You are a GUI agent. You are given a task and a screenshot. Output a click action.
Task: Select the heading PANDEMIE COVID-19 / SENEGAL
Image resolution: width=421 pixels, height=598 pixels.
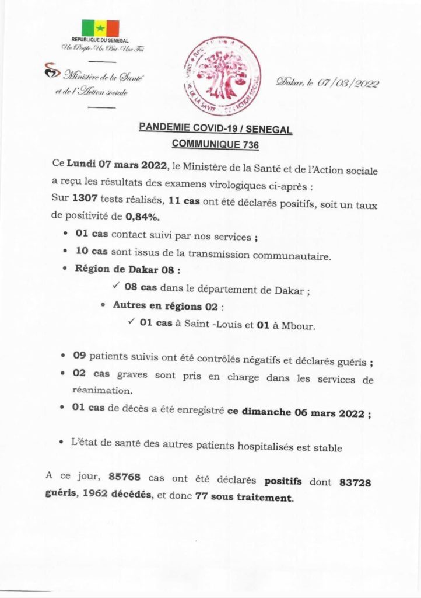(x=215, y=128)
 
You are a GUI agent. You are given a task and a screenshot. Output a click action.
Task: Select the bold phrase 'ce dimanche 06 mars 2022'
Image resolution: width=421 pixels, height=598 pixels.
(x=296, y=412)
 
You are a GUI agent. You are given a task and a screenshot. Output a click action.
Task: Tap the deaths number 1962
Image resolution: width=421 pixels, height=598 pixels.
(x=97, y=498)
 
